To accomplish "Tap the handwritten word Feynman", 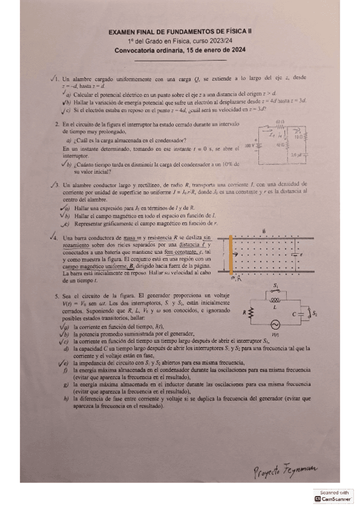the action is pyautogui.click(x=299, y=469).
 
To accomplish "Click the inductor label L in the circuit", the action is pyautogui.click(x=277, y=307).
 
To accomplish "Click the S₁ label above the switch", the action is pyautogui.click(x=276, y=286).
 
